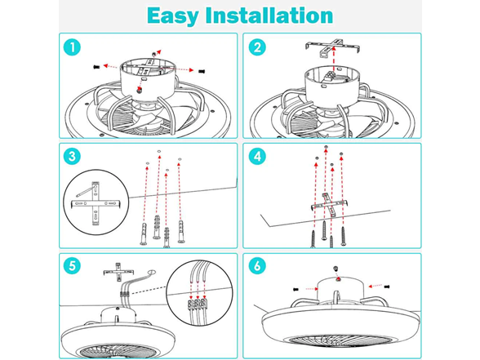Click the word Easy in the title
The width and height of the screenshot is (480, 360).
(172, 16)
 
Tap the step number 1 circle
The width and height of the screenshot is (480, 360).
(72, 47)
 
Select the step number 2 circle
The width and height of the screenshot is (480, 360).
(257, 47)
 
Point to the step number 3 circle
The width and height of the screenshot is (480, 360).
(72, 157)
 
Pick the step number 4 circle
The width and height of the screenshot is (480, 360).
(257, 157)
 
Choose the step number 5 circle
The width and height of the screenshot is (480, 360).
(72, 265)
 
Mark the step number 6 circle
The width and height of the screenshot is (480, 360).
(257, 265)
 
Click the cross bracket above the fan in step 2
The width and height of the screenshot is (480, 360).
(332, 47)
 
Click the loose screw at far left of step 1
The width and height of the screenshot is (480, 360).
(96, 67)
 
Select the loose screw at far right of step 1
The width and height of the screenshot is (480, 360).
(202, 71)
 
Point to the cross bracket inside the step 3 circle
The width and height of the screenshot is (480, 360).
(96, 203)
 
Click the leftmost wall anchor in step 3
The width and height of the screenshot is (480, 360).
(144, 233)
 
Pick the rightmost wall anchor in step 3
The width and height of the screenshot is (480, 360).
(181, 231)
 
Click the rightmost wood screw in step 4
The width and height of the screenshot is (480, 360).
(343, 236)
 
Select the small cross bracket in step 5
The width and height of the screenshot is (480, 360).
(118, 272)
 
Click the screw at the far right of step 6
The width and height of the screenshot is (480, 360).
(386, 287)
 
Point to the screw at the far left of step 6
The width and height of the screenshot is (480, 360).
(296, 289)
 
